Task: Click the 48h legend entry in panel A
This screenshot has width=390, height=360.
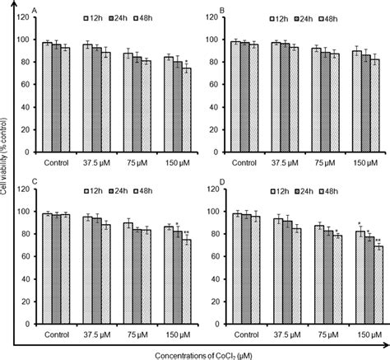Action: point(164,17)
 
